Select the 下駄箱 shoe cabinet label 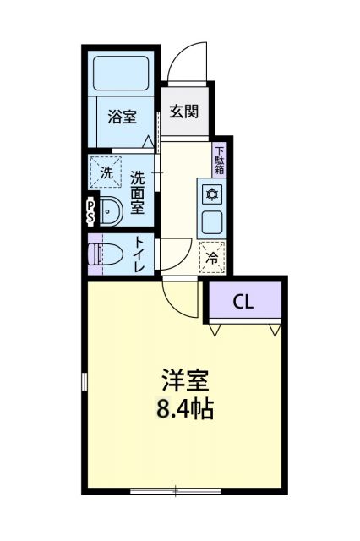pos(219,159)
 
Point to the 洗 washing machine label pos(106,172)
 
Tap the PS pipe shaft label pos(90,211)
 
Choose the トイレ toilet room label pos(139,254)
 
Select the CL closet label pos(243,302)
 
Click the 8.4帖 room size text pos(185,411)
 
